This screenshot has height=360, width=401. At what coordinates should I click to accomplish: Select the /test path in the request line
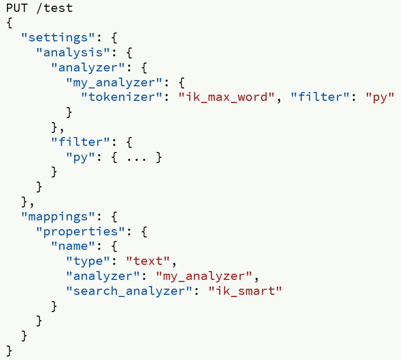[55, 8]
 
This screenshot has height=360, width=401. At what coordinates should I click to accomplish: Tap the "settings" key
[57, 38]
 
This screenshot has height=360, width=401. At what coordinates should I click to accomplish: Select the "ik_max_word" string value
[225, 97]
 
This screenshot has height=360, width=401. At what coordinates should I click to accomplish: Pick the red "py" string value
[379, 97]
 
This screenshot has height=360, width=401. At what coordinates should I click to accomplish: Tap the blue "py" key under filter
[80, 157]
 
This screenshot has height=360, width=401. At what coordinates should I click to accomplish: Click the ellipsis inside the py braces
[135, 157]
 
